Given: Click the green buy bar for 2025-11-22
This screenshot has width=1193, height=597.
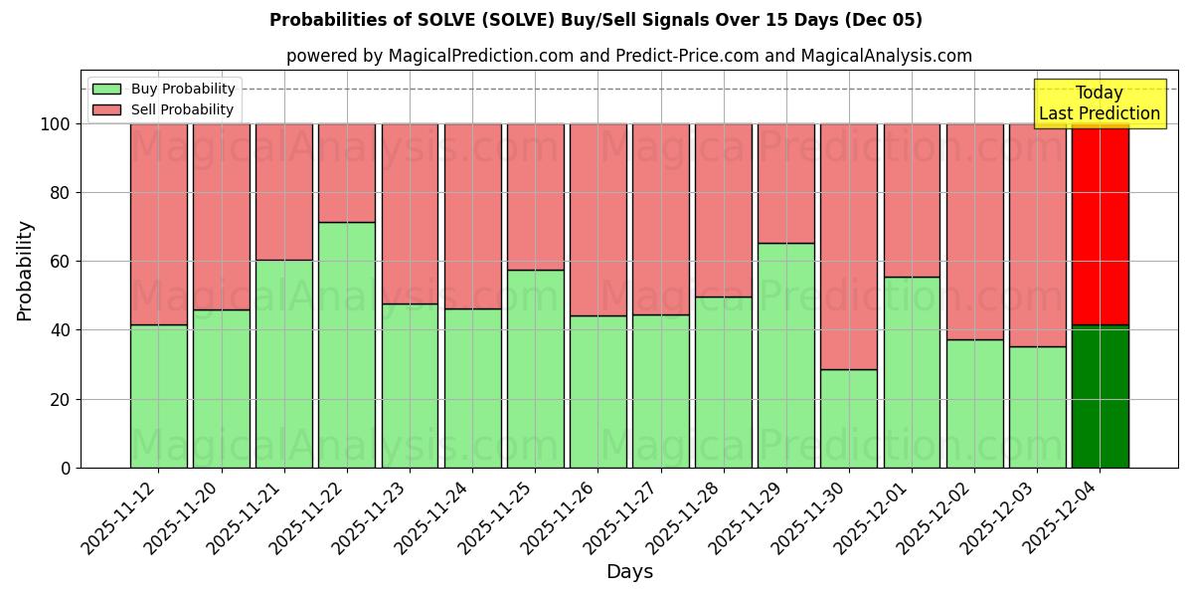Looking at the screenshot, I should coord(347,344).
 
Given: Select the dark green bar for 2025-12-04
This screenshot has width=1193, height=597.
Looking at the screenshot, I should coord(1101,396).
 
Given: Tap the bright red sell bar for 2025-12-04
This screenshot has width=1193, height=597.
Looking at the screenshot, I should coord(1101,224).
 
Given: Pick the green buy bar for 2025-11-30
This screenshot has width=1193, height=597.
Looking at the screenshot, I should coord(849,418).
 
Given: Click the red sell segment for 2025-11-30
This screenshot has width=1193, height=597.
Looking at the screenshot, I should coord(849,246).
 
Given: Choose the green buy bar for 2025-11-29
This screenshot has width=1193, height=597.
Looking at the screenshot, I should coord(786,355).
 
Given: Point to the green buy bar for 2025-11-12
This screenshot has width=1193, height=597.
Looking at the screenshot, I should coord(159,396).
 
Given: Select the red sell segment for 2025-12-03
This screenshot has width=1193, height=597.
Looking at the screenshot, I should coord(1038,235).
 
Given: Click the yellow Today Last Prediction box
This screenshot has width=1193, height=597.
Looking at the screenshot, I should coord(1100,103).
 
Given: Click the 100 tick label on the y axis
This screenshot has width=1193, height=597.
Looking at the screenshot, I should coord(55,124).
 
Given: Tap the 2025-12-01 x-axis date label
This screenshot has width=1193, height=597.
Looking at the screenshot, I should coord(875,517).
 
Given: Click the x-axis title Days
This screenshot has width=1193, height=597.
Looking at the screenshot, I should coord(629,572).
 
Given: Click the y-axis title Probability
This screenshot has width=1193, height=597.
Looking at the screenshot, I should coord(25,271).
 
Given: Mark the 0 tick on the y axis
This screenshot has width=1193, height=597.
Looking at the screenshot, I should coord(66,468).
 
